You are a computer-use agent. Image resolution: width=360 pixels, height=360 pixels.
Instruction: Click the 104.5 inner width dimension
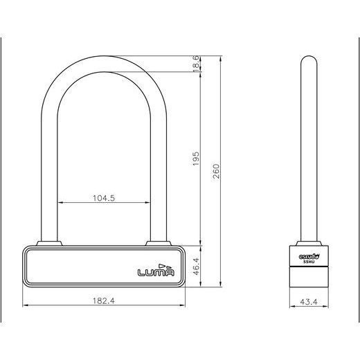pyautogui.click(x=104, y=197)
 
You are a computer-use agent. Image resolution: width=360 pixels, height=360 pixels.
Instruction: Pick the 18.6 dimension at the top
pyautogui.click(x=196, y=64)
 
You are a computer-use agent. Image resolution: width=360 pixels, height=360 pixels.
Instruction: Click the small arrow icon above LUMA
pyautogui.click(x=163, y=264)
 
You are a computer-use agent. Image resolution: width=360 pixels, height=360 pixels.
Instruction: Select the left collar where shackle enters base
pyautogui.click(x=46, y=243)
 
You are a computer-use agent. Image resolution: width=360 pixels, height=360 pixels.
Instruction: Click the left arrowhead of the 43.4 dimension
pyautogui.click(x=290, y=305)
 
